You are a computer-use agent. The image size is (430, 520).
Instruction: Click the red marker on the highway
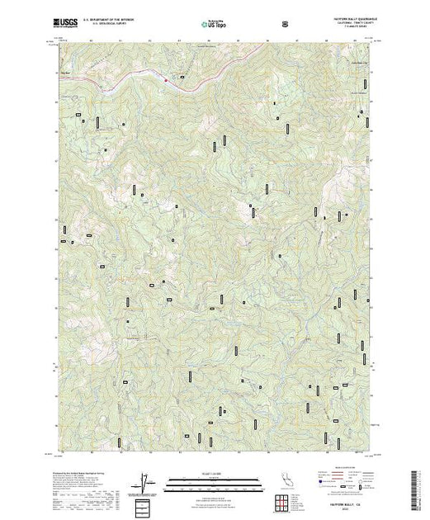click(x=165, y=80)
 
